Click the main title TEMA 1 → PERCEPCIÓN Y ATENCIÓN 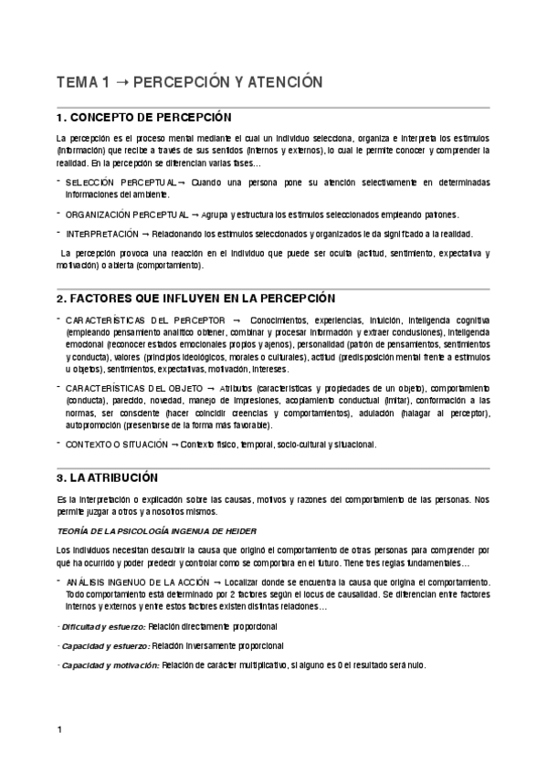[x=190, y=82]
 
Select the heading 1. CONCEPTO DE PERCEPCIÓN [x=143, y=118]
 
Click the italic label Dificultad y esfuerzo [x=102, y=627]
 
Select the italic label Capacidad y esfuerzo [x=102, y=646]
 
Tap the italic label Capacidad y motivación [x=108, y=664]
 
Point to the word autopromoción [x=94, y=425]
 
